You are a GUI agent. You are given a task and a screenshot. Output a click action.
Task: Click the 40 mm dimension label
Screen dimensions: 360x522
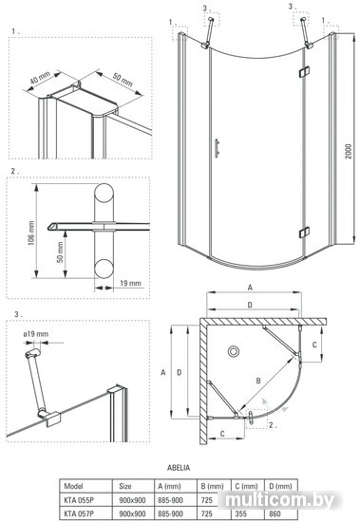click(40, 78)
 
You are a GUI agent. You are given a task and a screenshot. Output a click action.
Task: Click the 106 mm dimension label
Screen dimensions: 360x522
click(31, 233)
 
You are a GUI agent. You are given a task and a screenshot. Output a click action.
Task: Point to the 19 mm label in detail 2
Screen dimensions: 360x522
click(130, 284)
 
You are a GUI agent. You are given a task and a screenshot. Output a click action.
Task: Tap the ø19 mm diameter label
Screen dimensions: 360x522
click(36, 334)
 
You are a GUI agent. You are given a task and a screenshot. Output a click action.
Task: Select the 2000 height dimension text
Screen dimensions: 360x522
click(349, 152)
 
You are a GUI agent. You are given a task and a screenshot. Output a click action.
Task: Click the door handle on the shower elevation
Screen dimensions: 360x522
click(217, 147)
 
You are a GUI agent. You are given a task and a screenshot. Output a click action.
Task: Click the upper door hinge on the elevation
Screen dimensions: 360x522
click(304, 72)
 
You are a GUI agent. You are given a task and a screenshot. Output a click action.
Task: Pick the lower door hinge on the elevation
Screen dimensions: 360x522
click(304, 232)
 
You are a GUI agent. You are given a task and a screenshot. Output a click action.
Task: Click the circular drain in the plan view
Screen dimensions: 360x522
click(234, 351)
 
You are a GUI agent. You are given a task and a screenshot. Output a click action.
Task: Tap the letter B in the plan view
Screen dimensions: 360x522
click(258, 381)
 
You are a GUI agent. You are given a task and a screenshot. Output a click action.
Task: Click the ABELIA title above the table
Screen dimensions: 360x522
click(179, 467)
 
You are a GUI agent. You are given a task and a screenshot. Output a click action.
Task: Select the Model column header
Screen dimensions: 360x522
click(73, 486)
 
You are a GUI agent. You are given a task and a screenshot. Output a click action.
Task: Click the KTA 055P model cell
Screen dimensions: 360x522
click(79, 499)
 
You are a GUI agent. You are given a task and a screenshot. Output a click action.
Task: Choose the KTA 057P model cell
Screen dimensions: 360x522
click(79, 513)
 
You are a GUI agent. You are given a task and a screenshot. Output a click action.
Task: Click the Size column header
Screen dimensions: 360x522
click(125, 486)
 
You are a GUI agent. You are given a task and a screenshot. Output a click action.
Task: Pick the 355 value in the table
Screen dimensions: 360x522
click(241, 513)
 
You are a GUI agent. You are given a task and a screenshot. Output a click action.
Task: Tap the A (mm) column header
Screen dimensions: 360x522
click(169, 486)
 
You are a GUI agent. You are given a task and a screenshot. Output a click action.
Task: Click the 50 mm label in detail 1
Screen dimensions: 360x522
click(123, 80)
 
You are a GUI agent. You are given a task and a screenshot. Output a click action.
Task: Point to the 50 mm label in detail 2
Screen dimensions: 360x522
click(60, 252)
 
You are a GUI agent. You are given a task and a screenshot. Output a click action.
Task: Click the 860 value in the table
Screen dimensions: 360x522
click(275, 513)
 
